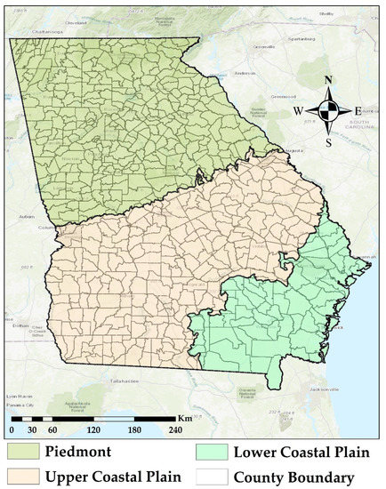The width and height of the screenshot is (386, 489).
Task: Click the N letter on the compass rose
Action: [x=328, y=80]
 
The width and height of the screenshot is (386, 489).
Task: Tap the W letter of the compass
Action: [x=300, y=111]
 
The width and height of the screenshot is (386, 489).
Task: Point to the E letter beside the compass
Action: [x=358, y=111]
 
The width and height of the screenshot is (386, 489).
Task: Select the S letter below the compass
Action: [x=328, y=141]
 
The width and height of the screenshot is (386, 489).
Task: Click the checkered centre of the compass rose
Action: [x=328, y=111]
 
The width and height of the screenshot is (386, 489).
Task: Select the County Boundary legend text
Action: [x=294, y=476]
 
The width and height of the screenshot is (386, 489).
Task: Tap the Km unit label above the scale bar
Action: [x=182, y=417]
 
